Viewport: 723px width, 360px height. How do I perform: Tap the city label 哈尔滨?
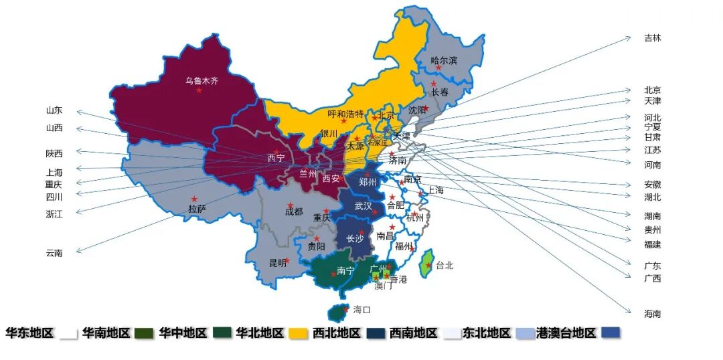444,60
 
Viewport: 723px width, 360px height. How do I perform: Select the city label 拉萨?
197,209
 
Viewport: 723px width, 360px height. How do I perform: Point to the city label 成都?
294,211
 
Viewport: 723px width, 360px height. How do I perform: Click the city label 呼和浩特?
345,113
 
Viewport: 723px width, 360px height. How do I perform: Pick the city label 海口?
361,310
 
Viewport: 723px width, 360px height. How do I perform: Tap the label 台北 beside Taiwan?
445,265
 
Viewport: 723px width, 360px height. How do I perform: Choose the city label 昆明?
278,263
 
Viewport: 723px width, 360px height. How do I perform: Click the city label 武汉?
364,205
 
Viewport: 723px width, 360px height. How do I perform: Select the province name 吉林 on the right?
652,38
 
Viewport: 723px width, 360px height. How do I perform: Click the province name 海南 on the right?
652,313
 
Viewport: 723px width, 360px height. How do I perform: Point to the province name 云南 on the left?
54,253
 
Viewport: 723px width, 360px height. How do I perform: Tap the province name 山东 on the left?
54,110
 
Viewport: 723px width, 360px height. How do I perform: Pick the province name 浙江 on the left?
54,214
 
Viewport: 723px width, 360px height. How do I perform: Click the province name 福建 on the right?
652,244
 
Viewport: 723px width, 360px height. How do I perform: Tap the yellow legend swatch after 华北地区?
298,333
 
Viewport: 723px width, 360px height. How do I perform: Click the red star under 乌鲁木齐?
199,90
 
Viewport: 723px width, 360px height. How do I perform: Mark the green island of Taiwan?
426,264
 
